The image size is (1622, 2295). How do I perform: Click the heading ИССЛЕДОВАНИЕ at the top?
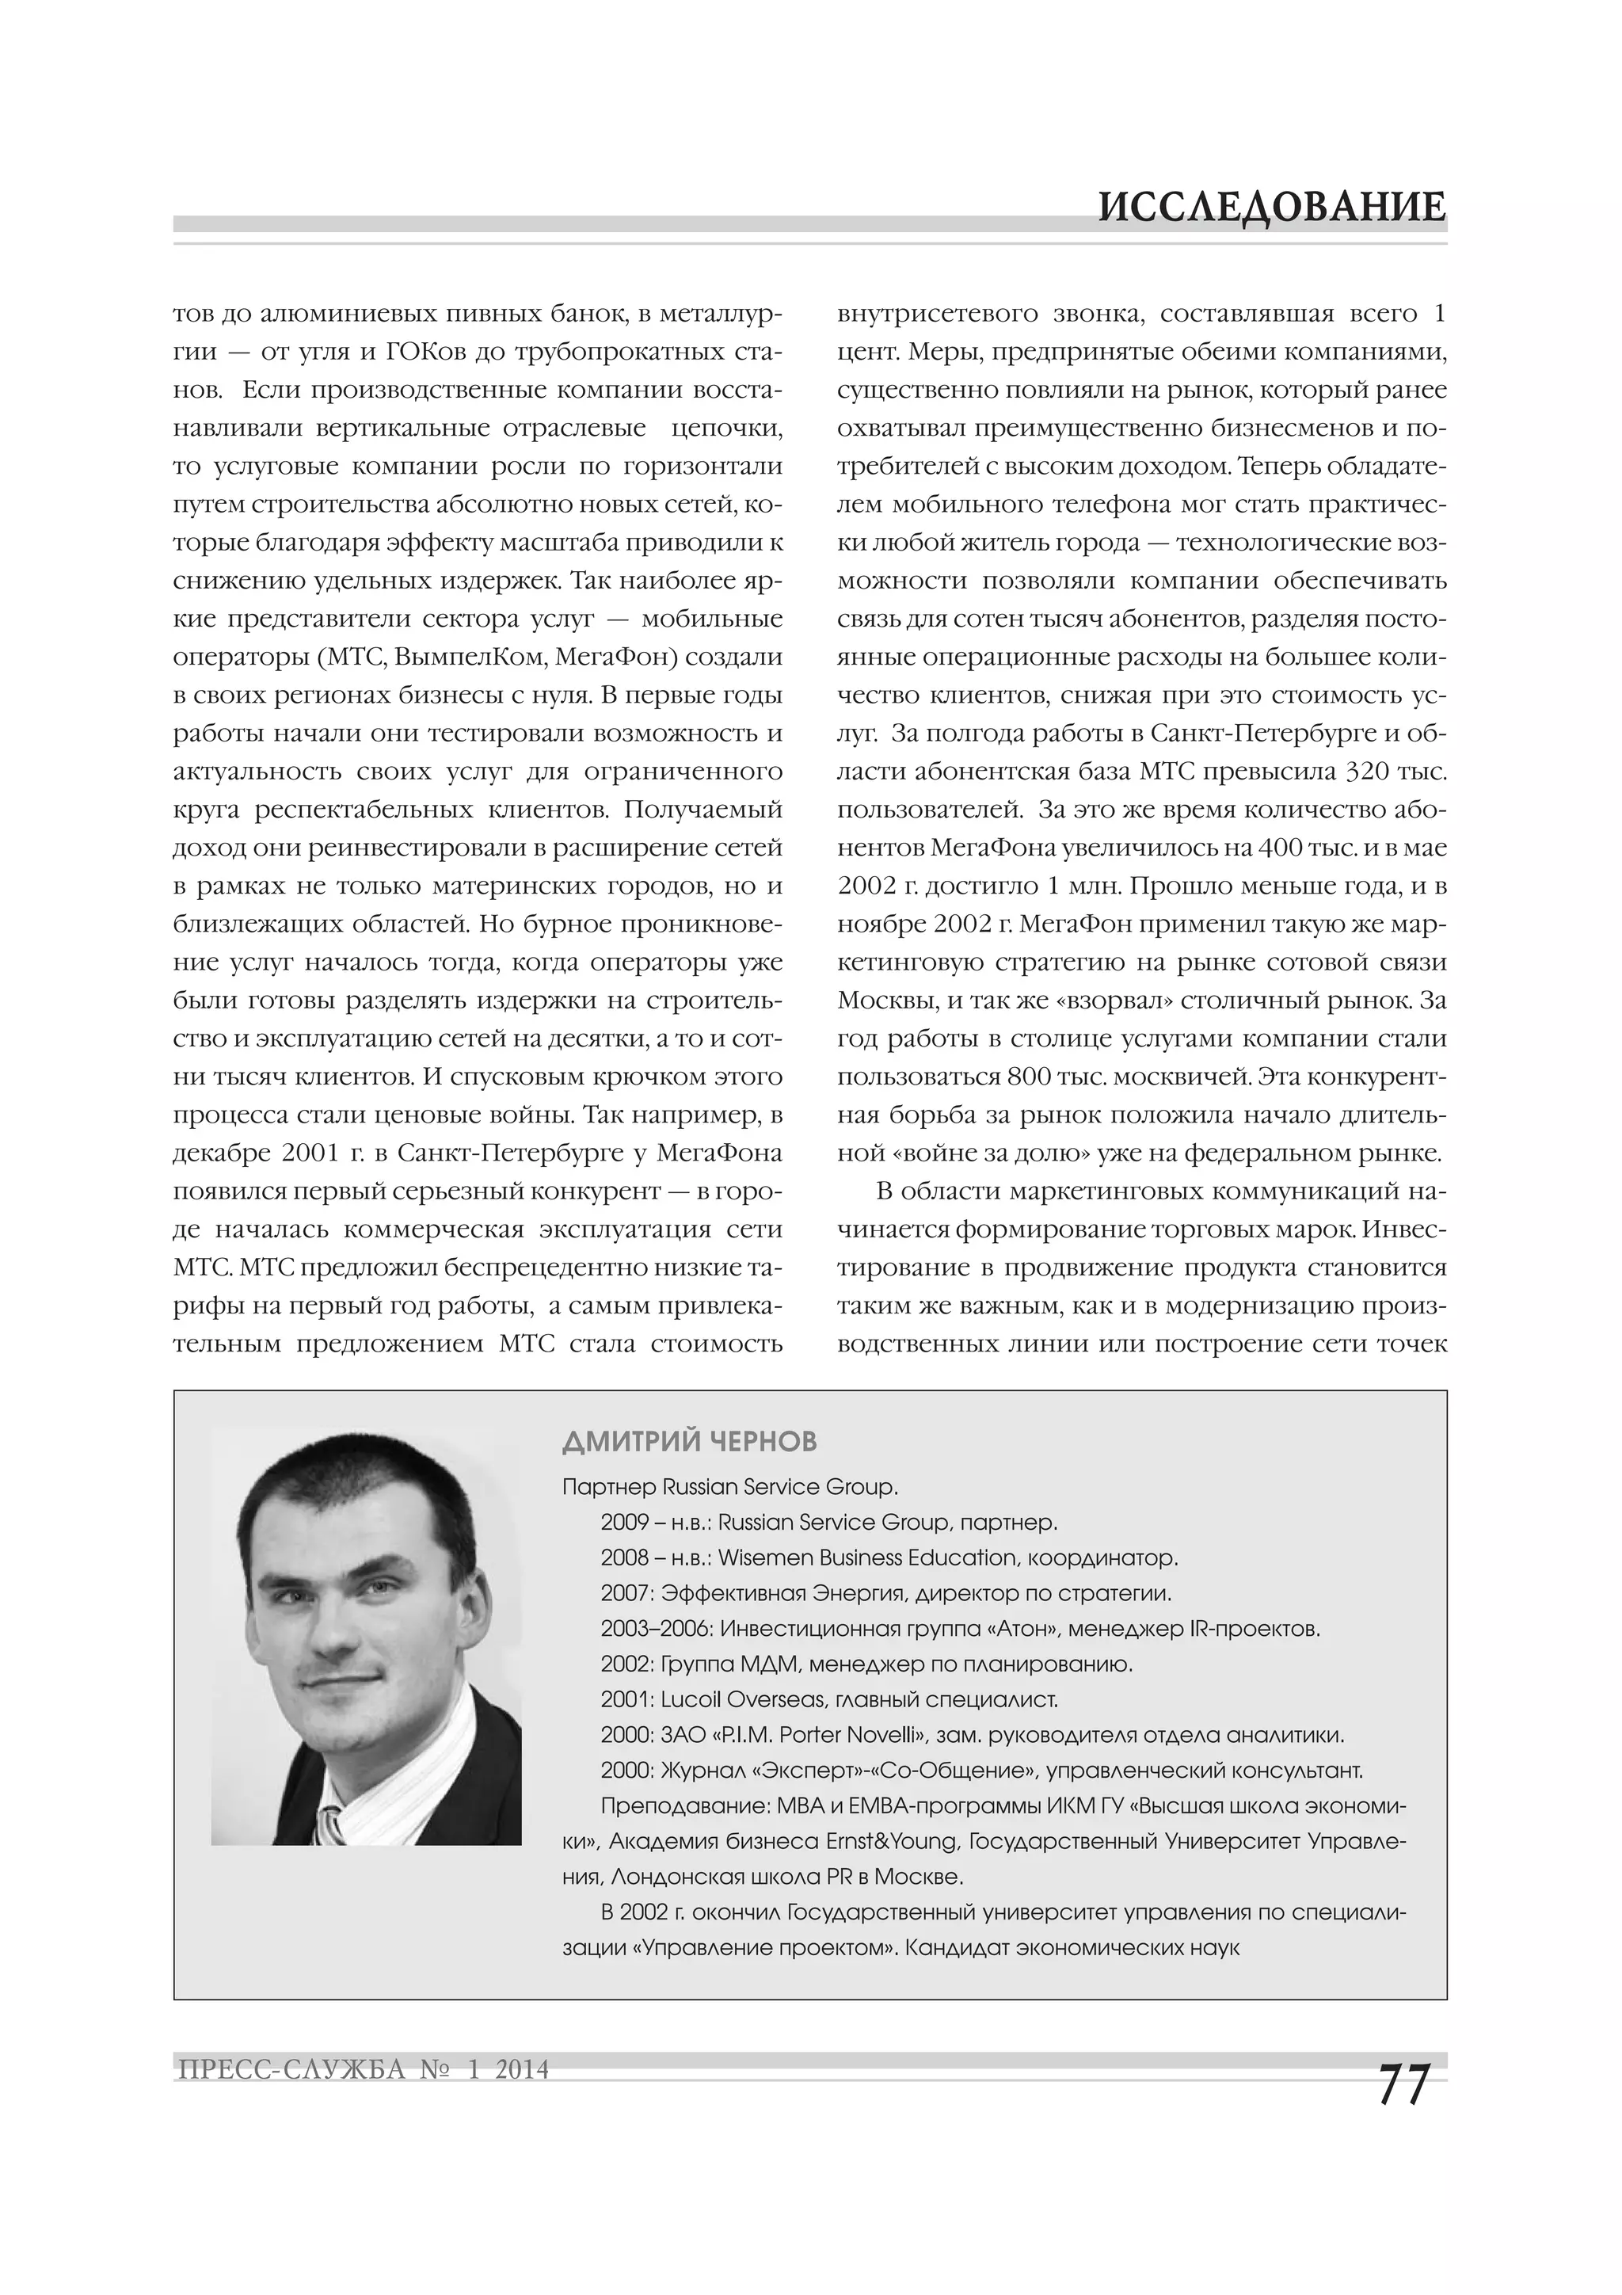point(1271,208)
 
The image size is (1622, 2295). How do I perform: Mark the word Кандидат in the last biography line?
point(953,1947)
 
